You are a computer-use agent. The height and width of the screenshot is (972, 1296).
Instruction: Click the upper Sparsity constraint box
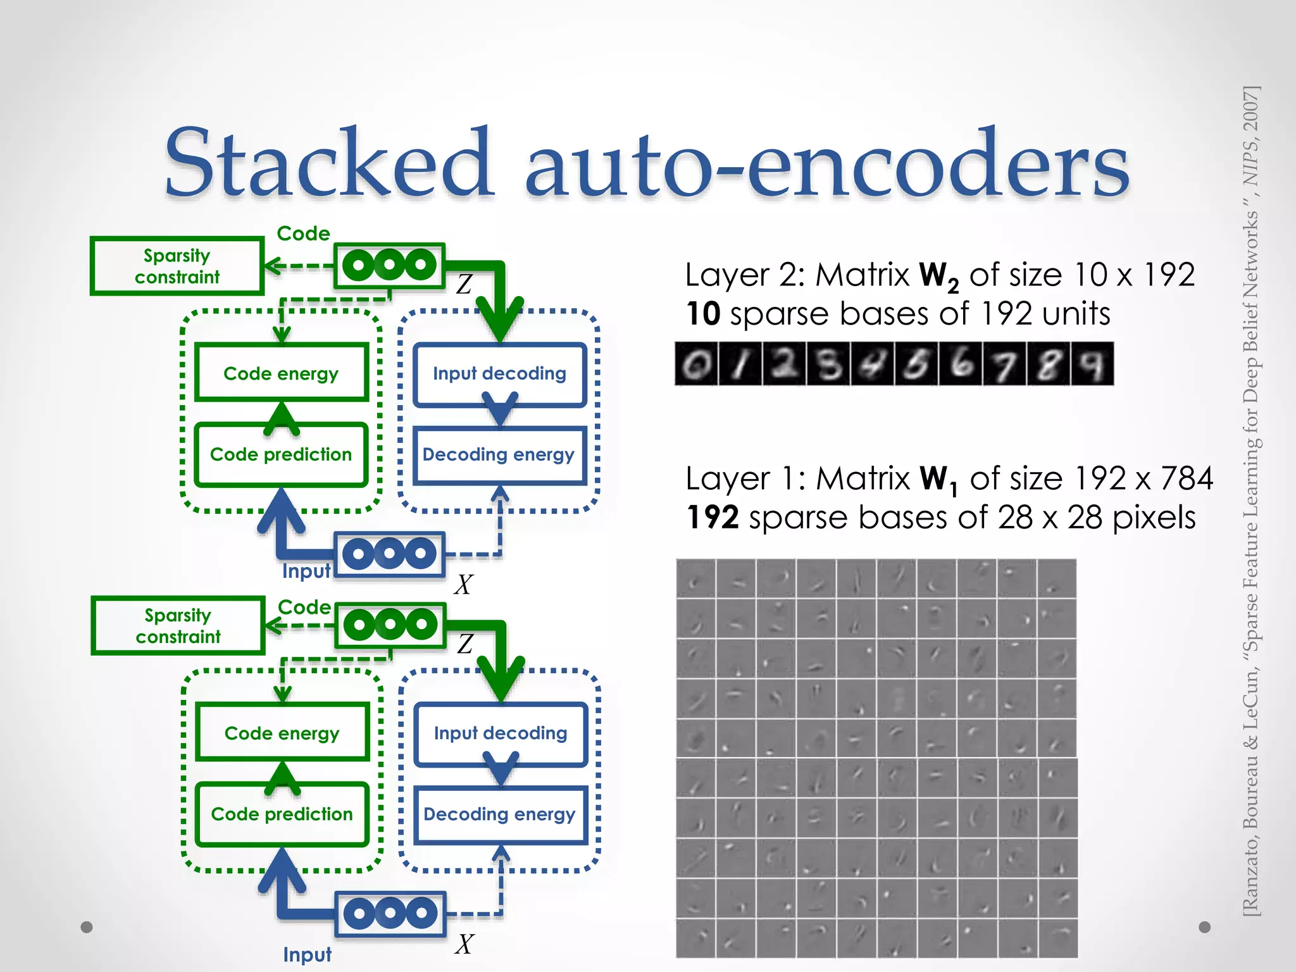177,266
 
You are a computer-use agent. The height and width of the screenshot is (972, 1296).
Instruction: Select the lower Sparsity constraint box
178,625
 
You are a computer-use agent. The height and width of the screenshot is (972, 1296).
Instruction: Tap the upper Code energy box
281,373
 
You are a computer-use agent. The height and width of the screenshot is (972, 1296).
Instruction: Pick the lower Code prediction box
282,814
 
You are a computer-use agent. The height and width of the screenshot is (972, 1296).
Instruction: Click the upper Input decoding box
499,373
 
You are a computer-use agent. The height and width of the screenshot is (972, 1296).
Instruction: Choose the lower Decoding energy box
499,814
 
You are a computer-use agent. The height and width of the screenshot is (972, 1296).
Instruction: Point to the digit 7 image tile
1004,364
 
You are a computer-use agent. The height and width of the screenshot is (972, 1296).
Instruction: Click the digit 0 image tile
696,364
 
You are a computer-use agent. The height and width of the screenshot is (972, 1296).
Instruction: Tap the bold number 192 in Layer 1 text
713,518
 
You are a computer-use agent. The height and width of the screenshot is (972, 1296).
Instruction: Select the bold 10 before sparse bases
703,314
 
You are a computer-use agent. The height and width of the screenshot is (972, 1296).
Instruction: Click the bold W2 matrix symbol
938,276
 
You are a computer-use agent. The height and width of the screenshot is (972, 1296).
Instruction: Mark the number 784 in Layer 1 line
1187,478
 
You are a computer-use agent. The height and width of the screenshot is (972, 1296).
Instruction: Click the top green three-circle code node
389,265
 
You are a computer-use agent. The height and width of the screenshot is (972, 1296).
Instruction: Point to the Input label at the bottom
307,954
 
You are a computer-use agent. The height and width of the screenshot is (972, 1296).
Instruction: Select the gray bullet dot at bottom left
87,927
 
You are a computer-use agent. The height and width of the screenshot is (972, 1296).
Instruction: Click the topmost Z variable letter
464,284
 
